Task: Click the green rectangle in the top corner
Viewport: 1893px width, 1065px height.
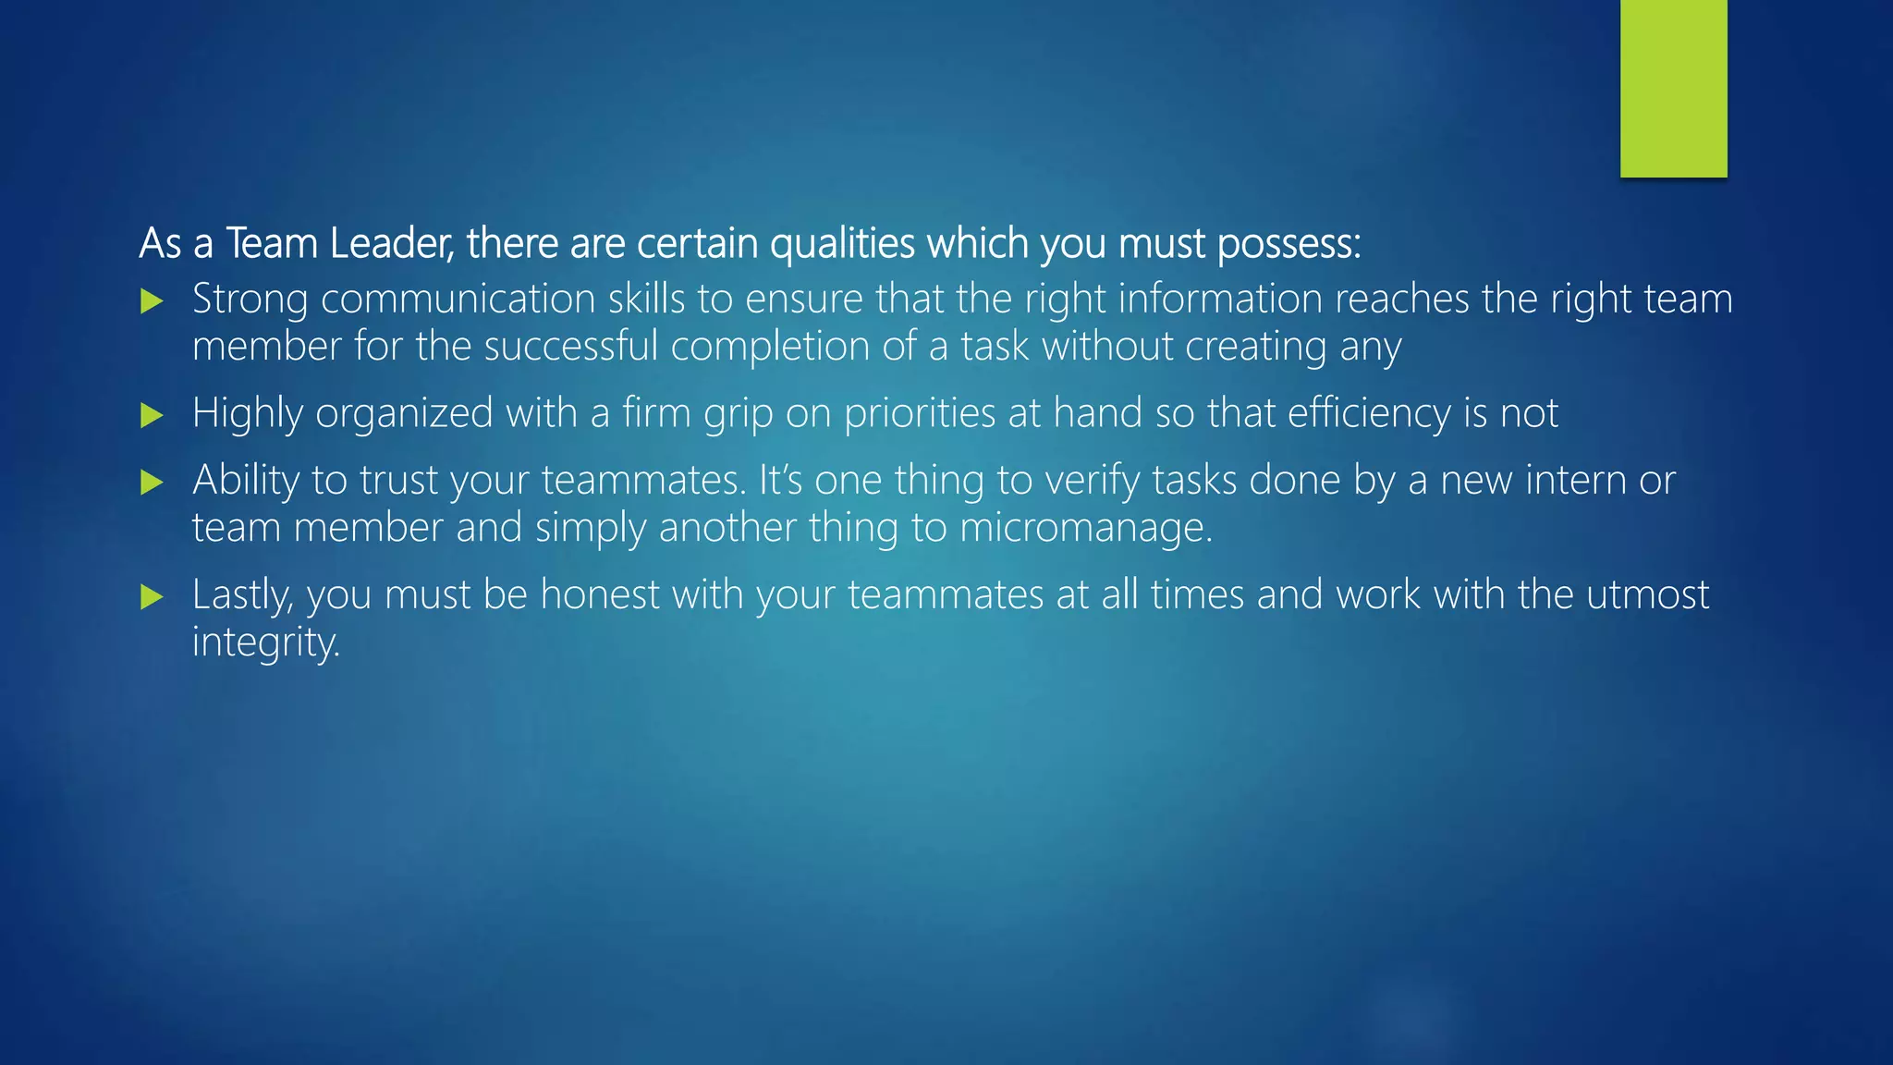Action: [x=1673, y=88]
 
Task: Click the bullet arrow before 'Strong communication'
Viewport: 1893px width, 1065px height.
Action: [x=153, y=301]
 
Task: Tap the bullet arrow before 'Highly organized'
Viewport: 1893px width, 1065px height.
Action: [x=153, y=415]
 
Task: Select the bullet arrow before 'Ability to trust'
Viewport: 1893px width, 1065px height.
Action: [x=153, y=483]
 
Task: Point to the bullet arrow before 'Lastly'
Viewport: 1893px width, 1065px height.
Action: [x=153, y=597]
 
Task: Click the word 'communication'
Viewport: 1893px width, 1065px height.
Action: [x=458, y=300]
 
